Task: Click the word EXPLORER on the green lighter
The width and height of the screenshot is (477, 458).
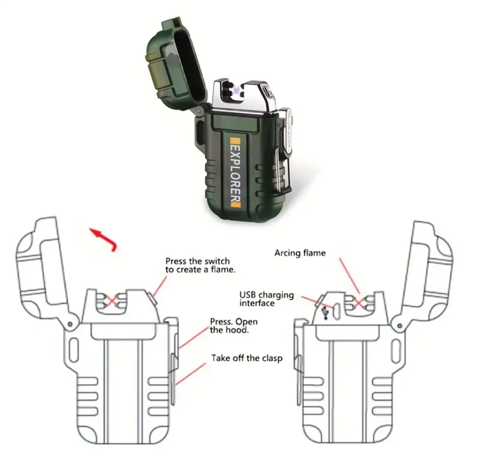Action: [236, 173]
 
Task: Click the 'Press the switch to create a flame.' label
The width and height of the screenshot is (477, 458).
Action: [200, 265]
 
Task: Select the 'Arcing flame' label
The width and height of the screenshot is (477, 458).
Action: [300, 253]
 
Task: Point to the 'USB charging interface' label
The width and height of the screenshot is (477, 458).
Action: [266, 299]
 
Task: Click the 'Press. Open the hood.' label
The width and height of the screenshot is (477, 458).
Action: [233, 326]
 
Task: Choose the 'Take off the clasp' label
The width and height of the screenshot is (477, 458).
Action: [247, 358]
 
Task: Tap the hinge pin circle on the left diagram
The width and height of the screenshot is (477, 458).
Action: [70, 324]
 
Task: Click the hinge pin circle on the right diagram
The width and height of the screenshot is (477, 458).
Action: [399, 326]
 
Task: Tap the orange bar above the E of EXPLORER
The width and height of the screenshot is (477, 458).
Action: [236, 141]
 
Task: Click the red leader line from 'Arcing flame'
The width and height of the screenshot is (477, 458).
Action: [350, 276]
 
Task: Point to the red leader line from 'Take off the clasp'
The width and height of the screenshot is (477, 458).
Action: [191, 374]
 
